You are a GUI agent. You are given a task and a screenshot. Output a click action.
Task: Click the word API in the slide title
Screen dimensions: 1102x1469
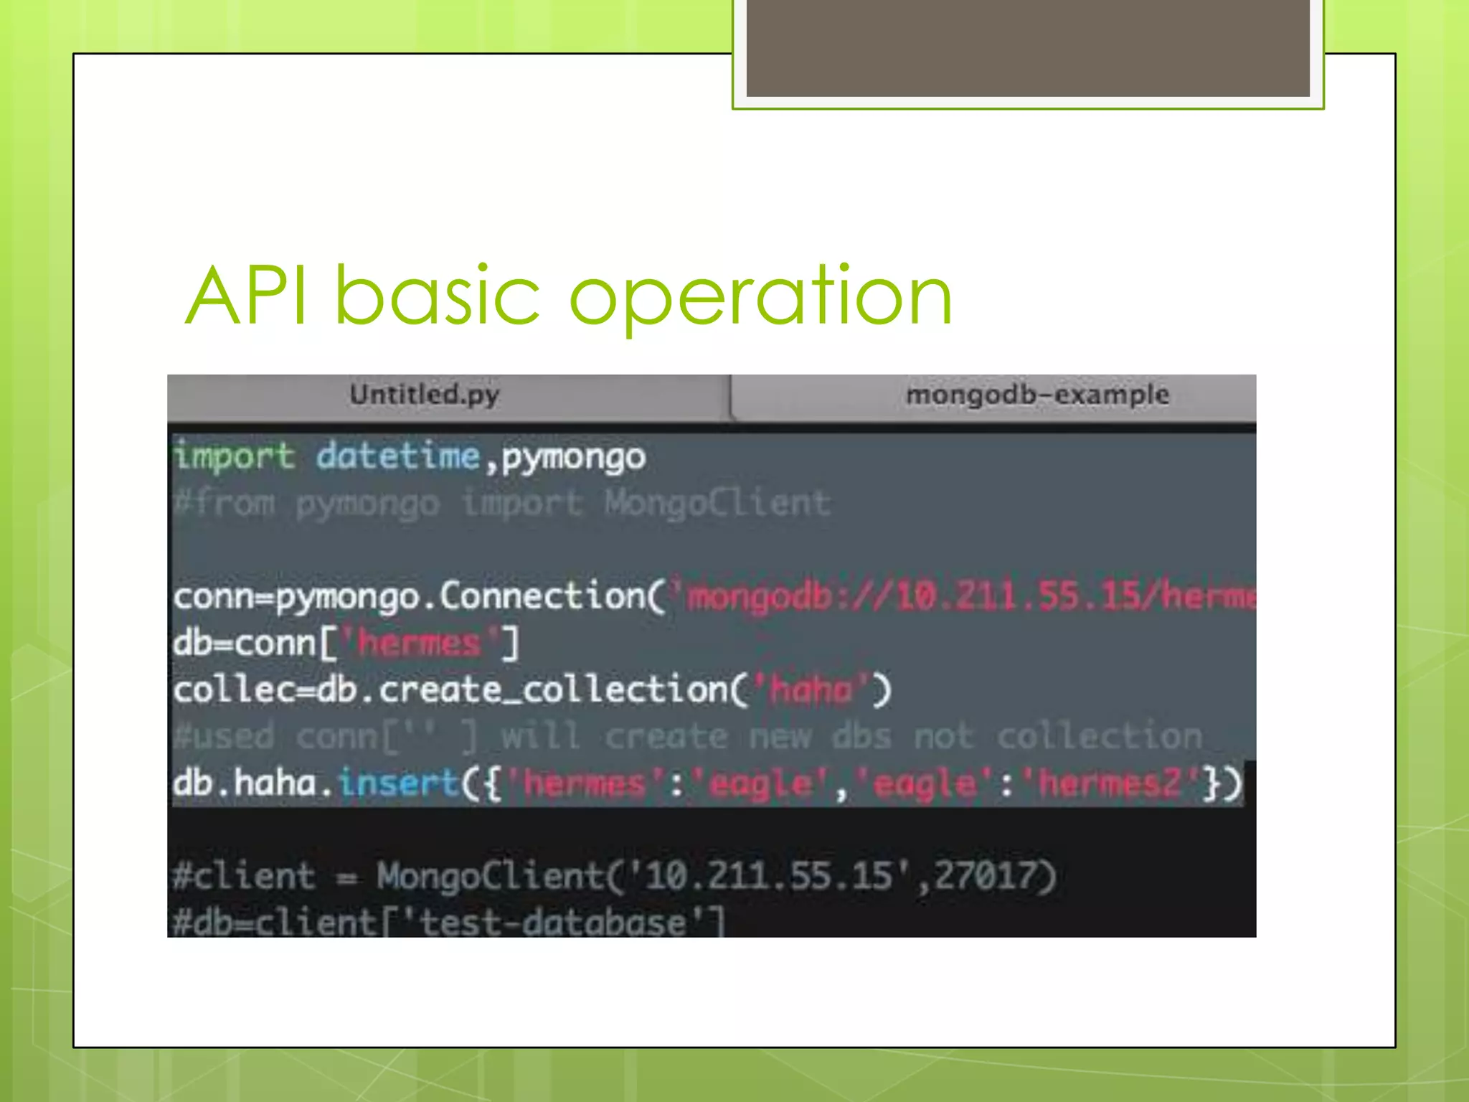tap(247, 296)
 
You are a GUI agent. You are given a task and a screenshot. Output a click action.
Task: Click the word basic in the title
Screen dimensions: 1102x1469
tap(437, 296)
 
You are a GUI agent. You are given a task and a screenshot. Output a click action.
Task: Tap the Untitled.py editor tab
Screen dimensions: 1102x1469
tap(425, 395)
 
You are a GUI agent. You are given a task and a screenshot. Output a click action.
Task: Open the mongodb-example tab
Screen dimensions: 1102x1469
tap(1037, 395)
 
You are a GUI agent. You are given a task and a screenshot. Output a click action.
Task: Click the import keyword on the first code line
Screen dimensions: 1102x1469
tap(234, 456)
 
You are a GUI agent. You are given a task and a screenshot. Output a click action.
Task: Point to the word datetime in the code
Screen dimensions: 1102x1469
tap(398, 456)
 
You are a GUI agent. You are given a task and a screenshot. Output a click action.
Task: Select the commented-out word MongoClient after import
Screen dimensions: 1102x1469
tap(717, 502)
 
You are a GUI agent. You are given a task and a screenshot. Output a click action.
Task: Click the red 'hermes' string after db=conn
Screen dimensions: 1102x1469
tap(419, 643)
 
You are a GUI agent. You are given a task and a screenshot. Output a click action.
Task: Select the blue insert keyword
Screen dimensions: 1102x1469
tap(398, 782)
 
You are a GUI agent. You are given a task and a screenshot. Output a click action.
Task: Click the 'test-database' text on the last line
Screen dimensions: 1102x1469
tap(552, 922)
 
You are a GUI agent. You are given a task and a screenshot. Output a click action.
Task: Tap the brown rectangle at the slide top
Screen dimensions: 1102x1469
tap(1028, 47)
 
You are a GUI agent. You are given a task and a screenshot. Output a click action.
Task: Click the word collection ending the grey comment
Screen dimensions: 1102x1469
tap(1100, 736)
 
